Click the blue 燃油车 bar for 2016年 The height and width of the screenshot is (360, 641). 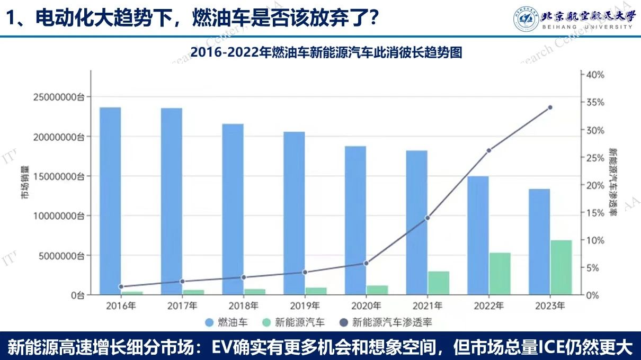(x=110, y=201)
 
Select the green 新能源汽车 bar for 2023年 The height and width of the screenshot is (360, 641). (x=562, y=267)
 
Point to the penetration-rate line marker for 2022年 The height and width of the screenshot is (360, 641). (x=489, y=150)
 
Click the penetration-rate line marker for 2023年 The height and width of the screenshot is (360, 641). (x=550, y=107)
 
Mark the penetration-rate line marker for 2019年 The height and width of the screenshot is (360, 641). (x=305, y=272)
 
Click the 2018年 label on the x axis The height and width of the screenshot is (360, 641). (x=243, y=306)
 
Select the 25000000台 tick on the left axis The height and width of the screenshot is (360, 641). (x=59, y=97)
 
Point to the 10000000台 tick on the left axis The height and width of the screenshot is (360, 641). (x=59, y=216)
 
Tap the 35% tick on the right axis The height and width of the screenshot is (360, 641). (x=593, y=102)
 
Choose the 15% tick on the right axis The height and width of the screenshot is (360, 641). (x=593, y=212)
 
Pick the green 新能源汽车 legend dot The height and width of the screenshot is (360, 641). (x=266, y=322)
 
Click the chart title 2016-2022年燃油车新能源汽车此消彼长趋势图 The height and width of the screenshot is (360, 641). (x=320, y=52)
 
